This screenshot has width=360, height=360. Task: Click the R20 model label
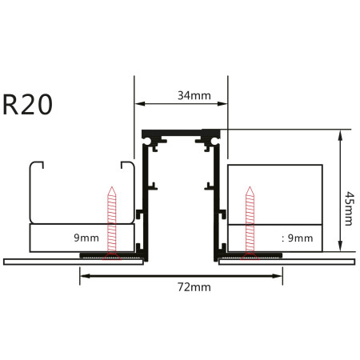pyautogui.click(x=28, y=105)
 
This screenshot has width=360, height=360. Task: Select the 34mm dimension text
pyautogui.click(x=194, y=96)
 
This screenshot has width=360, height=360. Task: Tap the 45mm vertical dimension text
pyautogui.click(x=346, y=208)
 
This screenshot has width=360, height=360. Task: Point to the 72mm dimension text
pyautogui.click(x=190, y=286)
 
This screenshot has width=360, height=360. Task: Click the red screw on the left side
pyautogui.click(x=111, y=220)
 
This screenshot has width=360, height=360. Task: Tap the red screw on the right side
pyautogui.click(x=250, y=220)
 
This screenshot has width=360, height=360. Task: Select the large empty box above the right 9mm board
pyautogui.click(x=274, y=194)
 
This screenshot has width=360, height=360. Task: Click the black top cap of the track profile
pyautogui.click(x=181, y=131)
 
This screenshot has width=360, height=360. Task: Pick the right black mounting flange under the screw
pyautogui.click(x=250, y=256)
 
